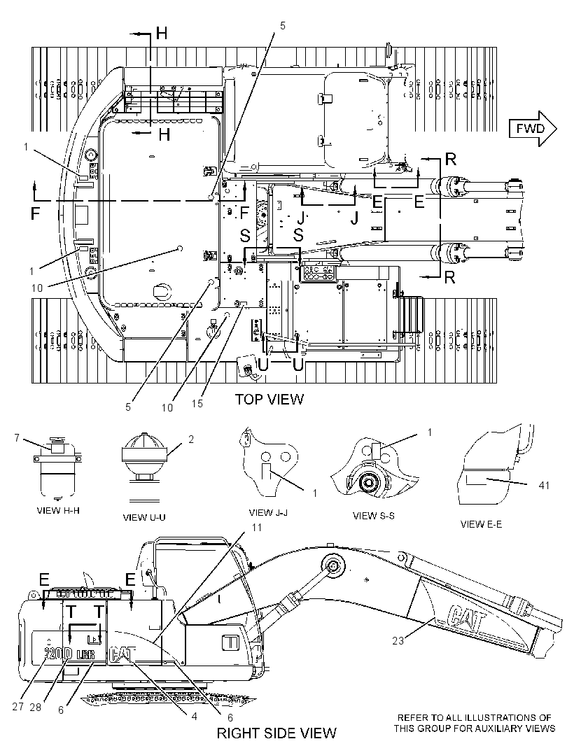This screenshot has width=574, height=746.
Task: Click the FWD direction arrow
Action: click(533, 129)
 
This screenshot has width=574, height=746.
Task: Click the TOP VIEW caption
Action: click(269, 399)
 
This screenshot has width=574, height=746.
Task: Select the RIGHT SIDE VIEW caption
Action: click(276, 733)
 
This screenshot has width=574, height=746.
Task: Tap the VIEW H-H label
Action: click(58, 510)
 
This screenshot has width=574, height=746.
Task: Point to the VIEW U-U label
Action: click(144, 517)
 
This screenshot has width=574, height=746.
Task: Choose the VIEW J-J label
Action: click(268, 513)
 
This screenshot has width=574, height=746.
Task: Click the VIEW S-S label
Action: click(374, 515)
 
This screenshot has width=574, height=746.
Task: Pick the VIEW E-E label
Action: click(481, 524)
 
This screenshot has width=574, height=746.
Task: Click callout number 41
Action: click(543, 485)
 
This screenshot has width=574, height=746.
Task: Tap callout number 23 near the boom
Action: click(398, 641)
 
